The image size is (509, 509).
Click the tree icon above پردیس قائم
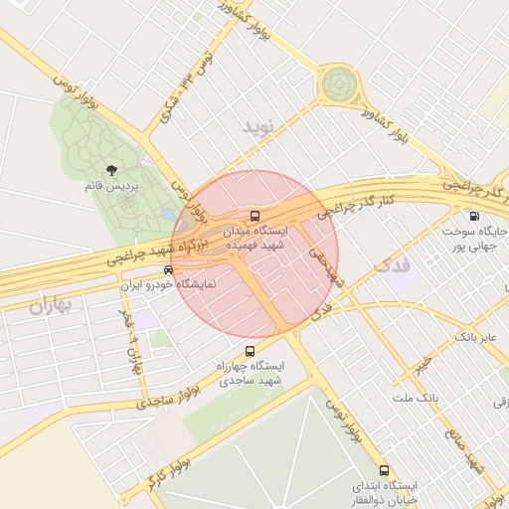[109, 170]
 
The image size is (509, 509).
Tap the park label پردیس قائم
[110, 186]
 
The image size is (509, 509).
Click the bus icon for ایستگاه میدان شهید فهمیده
[254, 216]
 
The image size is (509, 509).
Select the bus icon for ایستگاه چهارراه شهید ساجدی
[249, 351]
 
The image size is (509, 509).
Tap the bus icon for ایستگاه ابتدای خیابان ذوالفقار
[384, 470]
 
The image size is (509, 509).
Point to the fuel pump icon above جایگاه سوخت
[473, 217]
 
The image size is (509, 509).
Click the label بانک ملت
[415, 398]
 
